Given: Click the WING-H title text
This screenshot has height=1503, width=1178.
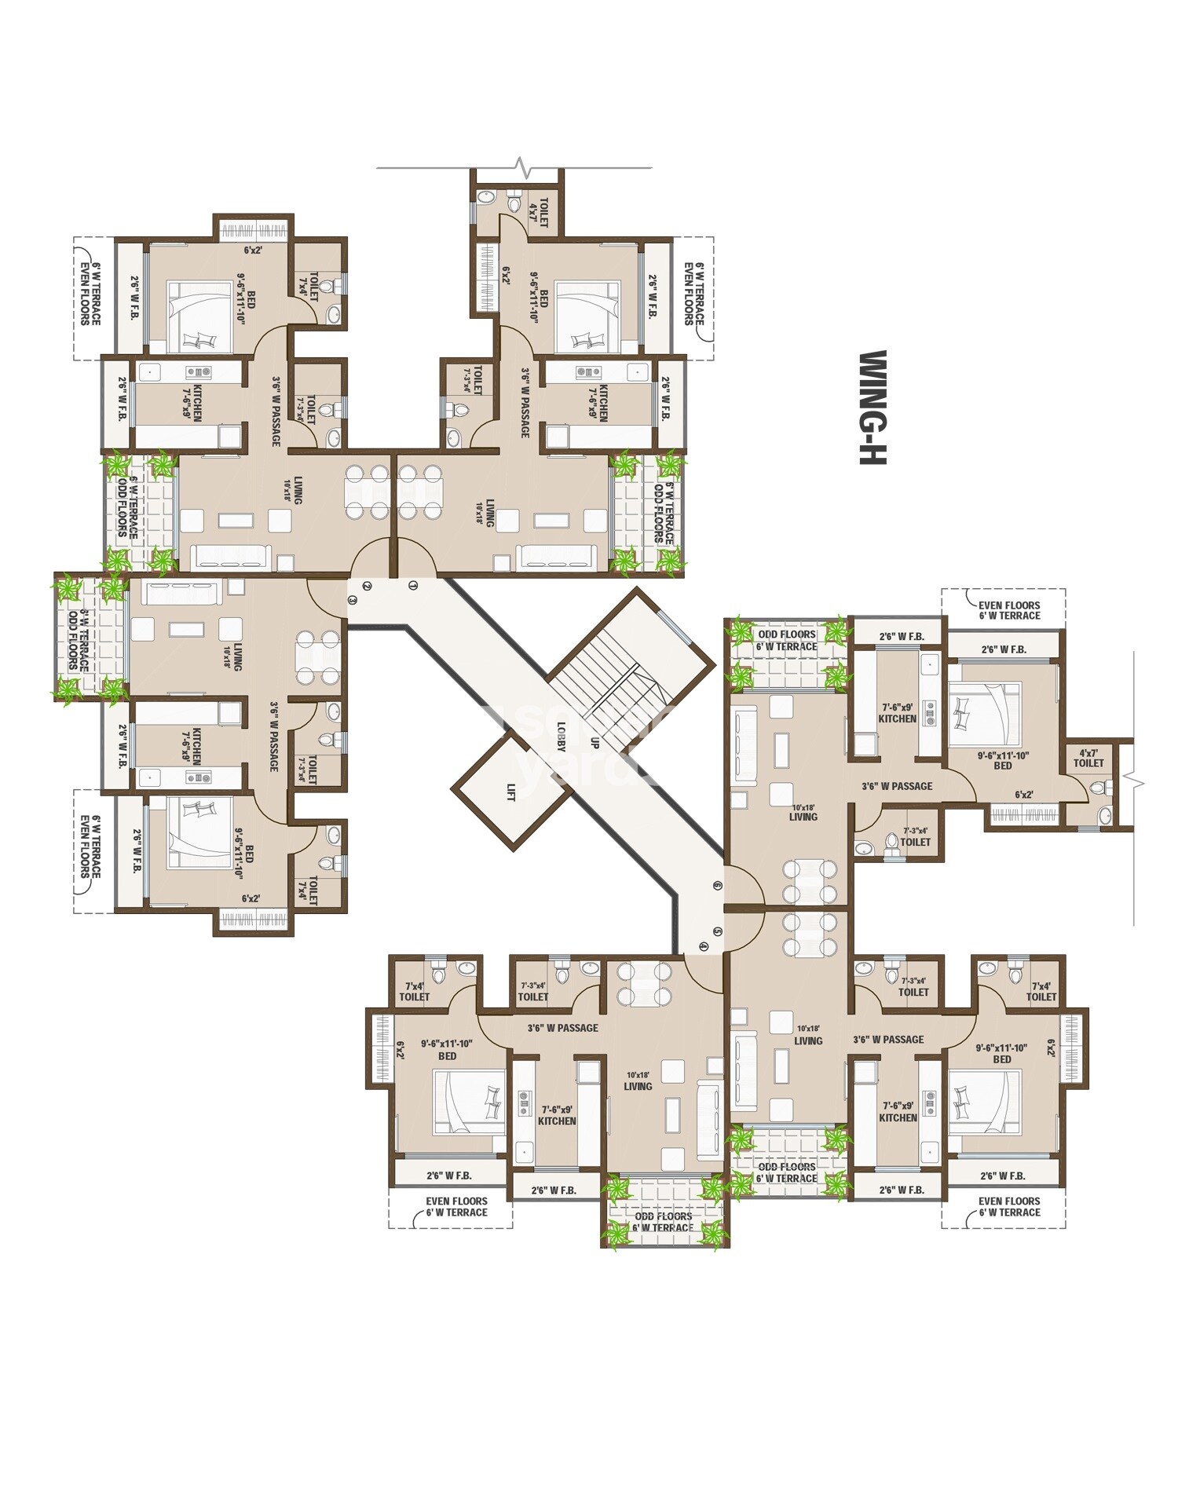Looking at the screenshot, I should pos(872,407).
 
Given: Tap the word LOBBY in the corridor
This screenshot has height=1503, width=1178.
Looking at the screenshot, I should pos(562,737).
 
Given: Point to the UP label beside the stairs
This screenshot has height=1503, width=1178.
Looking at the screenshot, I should pos(594,741).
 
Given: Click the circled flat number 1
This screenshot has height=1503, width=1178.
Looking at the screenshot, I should pos(414,585).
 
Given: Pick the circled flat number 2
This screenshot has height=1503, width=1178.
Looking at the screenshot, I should pos(367,586).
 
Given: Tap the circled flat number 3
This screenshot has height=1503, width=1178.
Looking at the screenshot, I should pos(353,600).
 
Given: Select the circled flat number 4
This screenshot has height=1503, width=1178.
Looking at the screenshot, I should pos(703,946).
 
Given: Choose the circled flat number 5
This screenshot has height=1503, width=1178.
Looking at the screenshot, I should pos(717,931).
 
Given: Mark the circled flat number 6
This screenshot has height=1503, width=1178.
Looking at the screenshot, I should pos(717,885).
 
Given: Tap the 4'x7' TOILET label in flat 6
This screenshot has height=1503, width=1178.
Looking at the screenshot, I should pos(1088,757).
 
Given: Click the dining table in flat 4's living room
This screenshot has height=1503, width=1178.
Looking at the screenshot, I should pos(644,984).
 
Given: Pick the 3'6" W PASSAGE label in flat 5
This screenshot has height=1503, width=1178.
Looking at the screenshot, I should pos(888,1039).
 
